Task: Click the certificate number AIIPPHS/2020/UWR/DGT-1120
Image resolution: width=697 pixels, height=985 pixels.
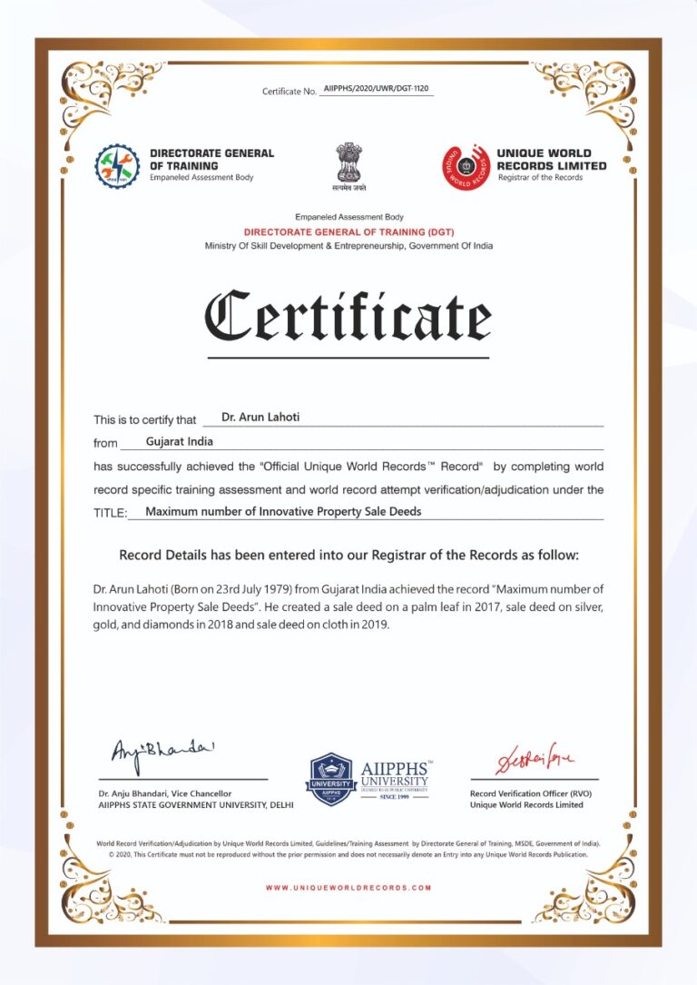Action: click(376, 91)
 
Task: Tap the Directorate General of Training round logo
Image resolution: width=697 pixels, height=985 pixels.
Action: click(117, 166)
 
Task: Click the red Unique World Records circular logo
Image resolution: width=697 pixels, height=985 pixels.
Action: click(466, 167)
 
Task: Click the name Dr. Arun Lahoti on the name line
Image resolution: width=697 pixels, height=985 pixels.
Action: click(260, 418)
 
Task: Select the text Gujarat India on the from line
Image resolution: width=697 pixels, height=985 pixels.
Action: click(179, 442)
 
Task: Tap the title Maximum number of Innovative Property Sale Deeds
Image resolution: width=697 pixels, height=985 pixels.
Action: click(283, 511)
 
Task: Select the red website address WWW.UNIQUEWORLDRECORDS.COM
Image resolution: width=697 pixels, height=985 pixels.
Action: click(348, 887)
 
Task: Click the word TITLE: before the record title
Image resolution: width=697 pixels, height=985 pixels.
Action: click(111, 513)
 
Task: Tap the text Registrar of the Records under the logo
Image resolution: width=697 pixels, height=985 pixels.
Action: click(540, 178)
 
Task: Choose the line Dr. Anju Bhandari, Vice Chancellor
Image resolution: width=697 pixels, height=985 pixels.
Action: click(165, 793)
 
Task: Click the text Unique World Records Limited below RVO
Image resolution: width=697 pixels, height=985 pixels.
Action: click(526, 804)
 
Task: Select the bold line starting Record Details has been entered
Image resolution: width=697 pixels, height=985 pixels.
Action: click(348, 555)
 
